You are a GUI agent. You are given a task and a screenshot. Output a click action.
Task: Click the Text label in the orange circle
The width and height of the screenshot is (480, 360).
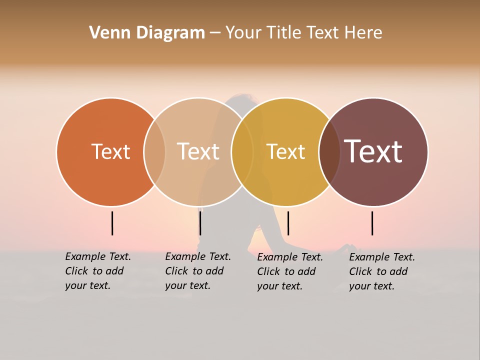pyautogui.click(x=110, y=151)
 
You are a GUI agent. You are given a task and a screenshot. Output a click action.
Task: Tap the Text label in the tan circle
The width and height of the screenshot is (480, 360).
pyautogui.click(x=198, y=151)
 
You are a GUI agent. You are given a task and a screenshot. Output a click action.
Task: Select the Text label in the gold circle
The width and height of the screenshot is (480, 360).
pyautogui.click(x=285, y=151)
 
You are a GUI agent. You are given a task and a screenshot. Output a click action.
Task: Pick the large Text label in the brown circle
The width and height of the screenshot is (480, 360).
pyautogui.click(x=373, y=151)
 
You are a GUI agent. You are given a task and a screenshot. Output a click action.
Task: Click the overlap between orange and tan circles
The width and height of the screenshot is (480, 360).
pyautogui.click(x=154, y=151)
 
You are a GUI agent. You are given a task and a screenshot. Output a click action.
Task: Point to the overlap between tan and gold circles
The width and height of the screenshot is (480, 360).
pyautogui.click(x=242, y=151)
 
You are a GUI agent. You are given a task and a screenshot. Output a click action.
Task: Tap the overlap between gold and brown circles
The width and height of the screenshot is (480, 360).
pyautogui.click(x=329, y=151)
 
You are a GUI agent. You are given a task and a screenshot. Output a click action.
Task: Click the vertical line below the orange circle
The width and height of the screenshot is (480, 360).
pyautogui.click(x=112, y=223)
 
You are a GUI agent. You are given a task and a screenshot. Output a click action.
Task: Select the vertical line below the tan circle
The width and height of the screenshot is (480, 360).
pyautogui.click(x=200, y=223)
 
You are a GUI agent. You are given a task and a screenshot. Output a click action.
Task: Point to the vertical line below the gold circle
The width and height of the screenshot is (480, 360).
pyautogui.click(x=288, y=223)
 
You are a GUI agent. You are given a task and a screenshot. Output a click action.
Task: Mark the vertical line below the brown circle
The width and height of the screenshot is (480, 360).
pyautogui.click(x=372, y=223)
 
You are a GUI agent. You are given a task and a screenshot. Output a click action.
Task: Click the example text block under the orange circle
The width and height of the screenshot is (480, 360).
pyautogui.click(x=97, y=271)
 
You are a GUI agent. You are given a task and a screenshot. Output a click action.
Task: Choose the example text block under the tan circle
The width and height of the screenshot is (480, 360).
pyautogui.click(x=197, y=271)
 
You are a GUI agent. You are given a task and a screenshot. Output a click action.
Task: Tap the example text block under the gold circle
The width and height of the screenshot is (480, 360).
pyautogui.click(x=289, y=271)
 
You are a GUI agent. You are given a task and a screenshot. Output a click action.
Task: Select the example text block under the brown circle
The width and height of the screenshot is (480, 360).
pyautogui.click(x=381, y=271)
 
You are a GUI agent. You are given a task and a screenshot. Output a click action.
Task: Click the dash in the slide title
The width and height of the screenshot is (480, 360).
pyautogui.click(x=215, y=33)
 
